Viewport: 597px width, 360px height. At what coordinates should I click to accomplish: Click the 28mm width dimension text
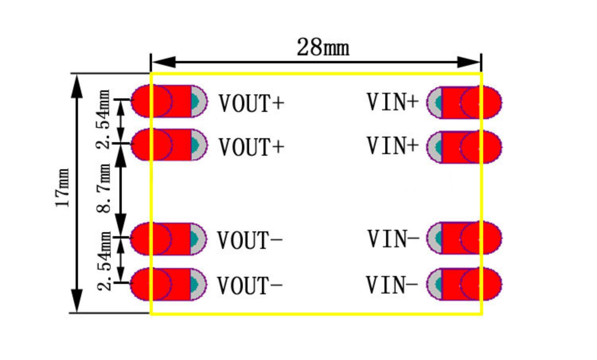tap(323, 47)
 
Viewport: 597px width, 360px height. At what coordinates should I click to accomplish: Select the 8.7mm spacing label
tap(104, 188)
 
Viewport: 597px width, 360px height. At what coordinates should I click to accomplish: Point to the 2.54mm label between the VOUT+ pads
tap(104, 119)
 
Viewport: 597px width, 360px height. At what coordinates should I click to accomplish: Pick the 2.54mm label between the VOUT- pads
tap(104, 261)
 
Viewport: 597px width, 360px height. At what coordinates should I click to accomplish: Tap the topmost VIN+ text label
tap(392, 102)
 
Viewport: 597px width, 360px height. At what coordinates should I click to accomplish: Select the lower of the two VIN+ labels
tap(392, 146)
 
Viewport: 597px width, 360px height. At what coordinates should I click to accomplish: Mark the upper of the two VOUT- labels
tap(250, 240)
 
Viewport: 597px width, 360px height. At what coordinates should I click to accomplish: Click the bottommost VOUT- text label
tap(250, 286)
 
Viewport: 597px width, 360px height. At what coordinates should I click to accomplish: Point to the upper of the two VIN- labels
tap(393, 239)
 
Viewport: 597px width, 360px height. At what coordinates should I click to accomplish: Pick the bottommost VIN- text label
tap(392, 285)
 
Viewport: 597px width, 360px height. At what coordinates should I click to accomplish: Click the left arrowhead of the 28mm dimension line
tap(163, 62)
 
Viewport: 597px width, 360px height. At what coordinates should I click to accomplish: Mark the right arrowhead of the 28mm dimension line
tap(469, 62)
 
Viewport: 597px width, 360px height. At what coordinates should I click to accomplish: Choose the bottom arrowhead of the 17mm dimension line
tap(77, 300)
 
